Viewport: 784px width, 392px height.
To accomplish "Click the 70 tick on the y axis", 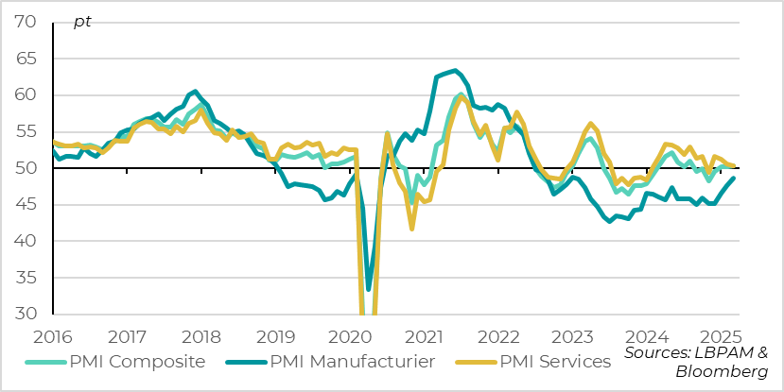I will click(x=26, y=22).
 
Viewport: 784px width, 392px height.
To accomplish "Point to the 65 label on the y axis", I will click(x=26, y=59).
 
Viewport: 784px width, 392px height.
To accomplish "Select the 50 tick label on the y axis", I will click(x=26, y=168).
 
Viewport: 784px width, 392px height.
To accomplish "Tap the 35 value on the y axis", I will click(x=26, y=278).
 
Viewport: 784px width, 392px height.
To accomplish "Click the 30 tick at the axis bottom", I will click(x=26, y=315).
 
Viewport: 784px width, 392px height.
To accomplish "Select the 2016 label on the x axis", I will click(x=52, y=336).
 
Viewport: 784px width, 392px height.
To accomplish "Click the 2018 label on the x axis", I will click(x=201, y=336).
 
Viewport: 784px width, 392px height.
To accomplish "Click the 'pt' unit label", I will click(x=82, y=22).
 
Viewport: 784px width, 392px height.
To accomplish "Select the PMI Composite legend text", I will click(x=137, y=362).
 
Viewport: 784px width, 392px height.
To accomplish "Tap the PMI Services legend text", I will click(x=554, y=362).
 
